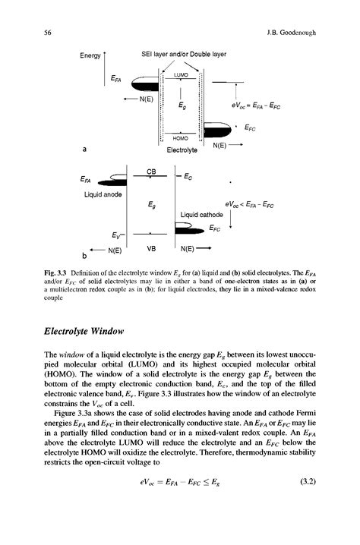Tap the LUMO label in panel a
180,75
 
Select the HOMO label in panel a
180,139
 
